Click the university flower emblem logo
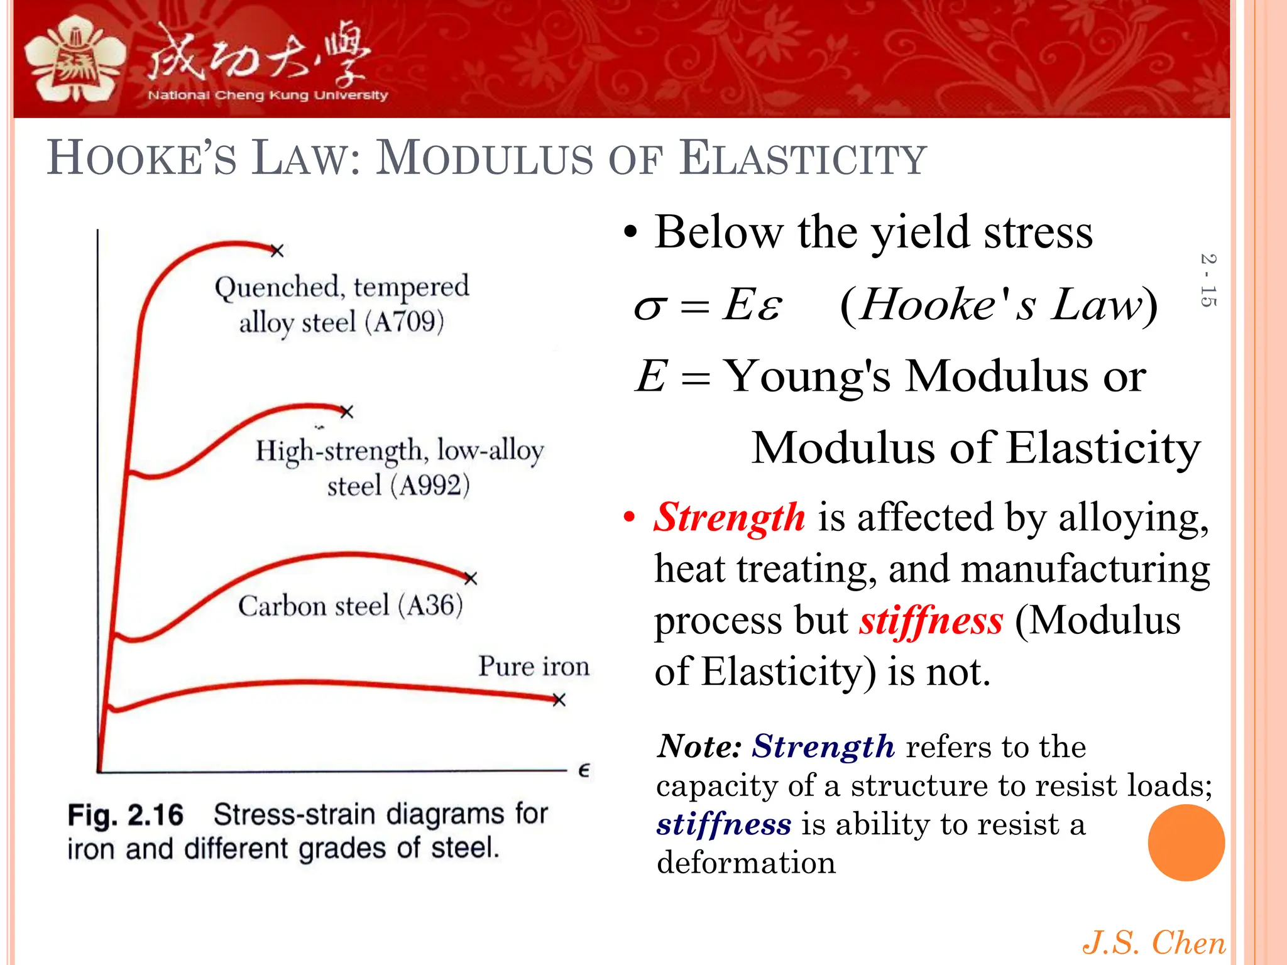(75, 60)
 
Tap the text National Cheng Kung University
(268, 95)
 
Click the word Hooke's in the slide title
(142, 158)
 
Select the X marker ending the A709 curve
(277, 251)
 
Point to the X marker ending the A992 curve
(346, 412)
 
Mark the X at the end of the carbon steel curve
(471, 578)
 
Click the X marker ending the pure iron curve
(559, 699)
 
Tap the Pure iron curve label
(534, 666)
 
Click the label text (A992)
(430, 486)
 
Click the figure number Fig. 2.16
(125, 815)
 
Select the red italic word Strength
(729, 518)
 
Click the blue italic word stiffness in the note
(723, 824)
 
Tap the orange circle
(1186, 842)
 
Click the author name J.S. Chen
(1153, 943)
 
